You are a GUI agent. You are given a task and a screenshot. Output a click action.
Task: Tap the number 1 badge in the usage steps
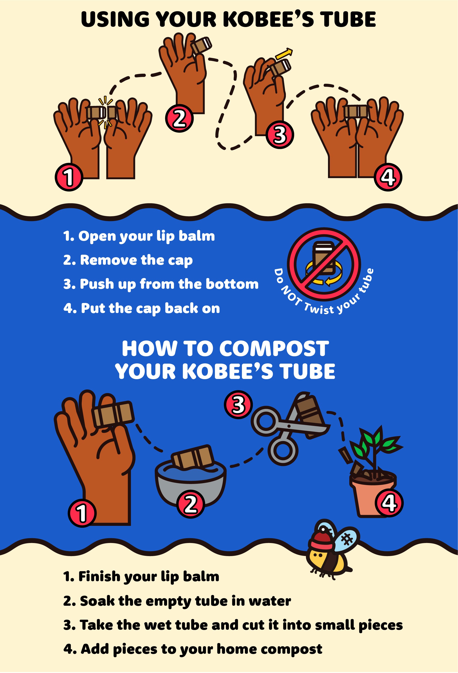pos(69,177)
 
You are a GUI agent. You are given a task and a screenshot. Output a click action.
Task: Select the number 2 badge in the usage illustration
pos(179,118)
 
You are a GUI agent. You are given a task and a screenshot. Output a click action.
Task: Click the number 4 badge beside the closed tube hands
pos(388,177)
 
